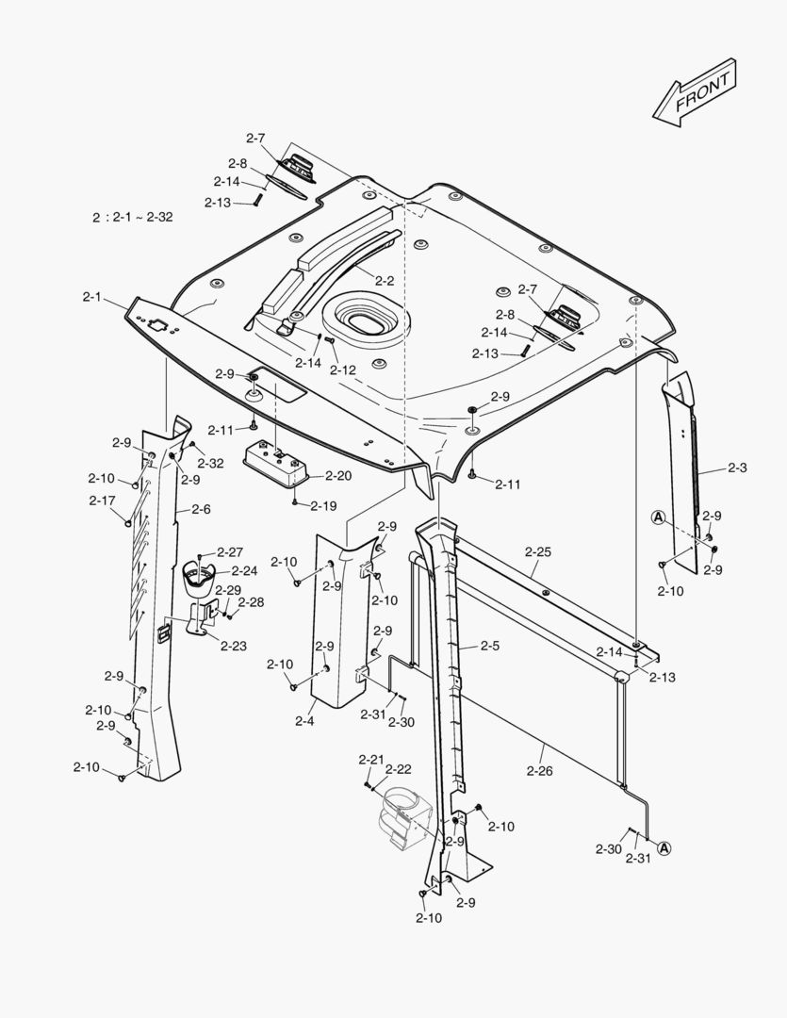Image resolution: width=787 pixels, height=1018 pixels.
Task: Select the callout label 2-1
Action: coord(91,297)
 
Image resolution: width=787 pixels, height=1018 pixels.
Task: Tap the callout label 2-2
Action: coord(385,280)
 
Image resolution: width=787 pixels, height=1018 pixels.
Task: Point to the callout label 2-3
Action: coord(738,468)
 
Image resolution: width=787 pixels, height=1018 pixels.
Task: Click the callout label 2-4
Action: coord(303,721)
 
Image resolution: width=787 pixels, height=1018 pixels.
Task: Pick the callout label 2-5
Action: coord(490,646)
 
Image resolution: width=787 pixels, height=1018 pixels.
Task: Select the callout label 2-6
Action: coord(201,509)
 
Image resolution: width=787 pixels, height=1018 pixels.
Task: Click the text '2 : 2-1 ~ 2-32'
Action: coord(133,217)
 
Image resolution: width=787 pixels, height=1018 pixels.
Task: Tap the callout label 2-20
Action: coord(337,476)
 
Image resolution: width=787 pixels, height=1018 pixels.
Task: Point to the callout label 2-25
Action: coord(538,549)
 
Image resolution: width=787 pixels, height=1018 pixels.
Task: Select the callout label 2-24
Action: coord(244,570)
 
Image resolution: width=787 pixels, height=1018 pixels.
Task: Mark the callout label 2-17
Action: coord(102,501)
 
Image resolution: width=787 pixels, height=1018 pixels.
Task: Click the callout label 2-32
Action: coord(210,463)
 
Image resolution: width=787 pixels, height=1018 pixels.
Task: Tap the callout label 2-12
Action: coord(343,369)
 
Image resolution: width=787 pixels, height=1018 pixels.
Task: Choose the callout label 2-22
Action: coord(398,769)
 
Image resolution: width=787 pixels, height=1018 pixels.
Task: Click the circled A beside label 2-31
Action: coord(664,848)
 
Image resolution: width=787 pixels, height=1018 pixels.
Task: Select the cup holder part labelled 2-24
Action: coord(199,576)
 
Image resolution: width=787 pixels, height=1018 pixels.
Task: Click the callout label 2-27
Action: coord(230,551)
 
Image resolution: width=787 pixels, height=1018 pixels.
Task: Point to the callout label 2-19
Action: coord(323,505)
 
